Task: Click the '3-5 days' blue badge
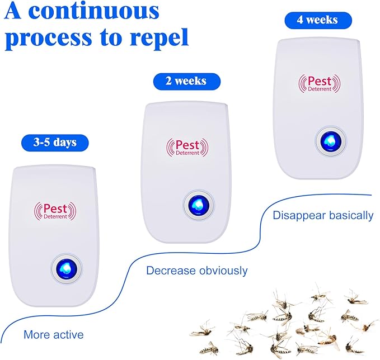(x=54, y=142)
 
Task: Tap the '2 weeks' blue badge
(x=186, y=81)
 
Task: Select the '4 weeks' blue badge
(x=318, y=20)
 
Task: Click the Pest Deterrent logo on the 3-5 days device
(x=56, y=210)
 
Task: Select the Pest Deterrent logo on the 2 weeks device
(x=187, y=147)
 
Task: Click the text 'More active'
(x=53, y=335)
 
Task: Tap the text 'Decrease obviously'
(x=196, y=271)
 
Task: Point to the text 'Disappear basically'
(x=323, y=215)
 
